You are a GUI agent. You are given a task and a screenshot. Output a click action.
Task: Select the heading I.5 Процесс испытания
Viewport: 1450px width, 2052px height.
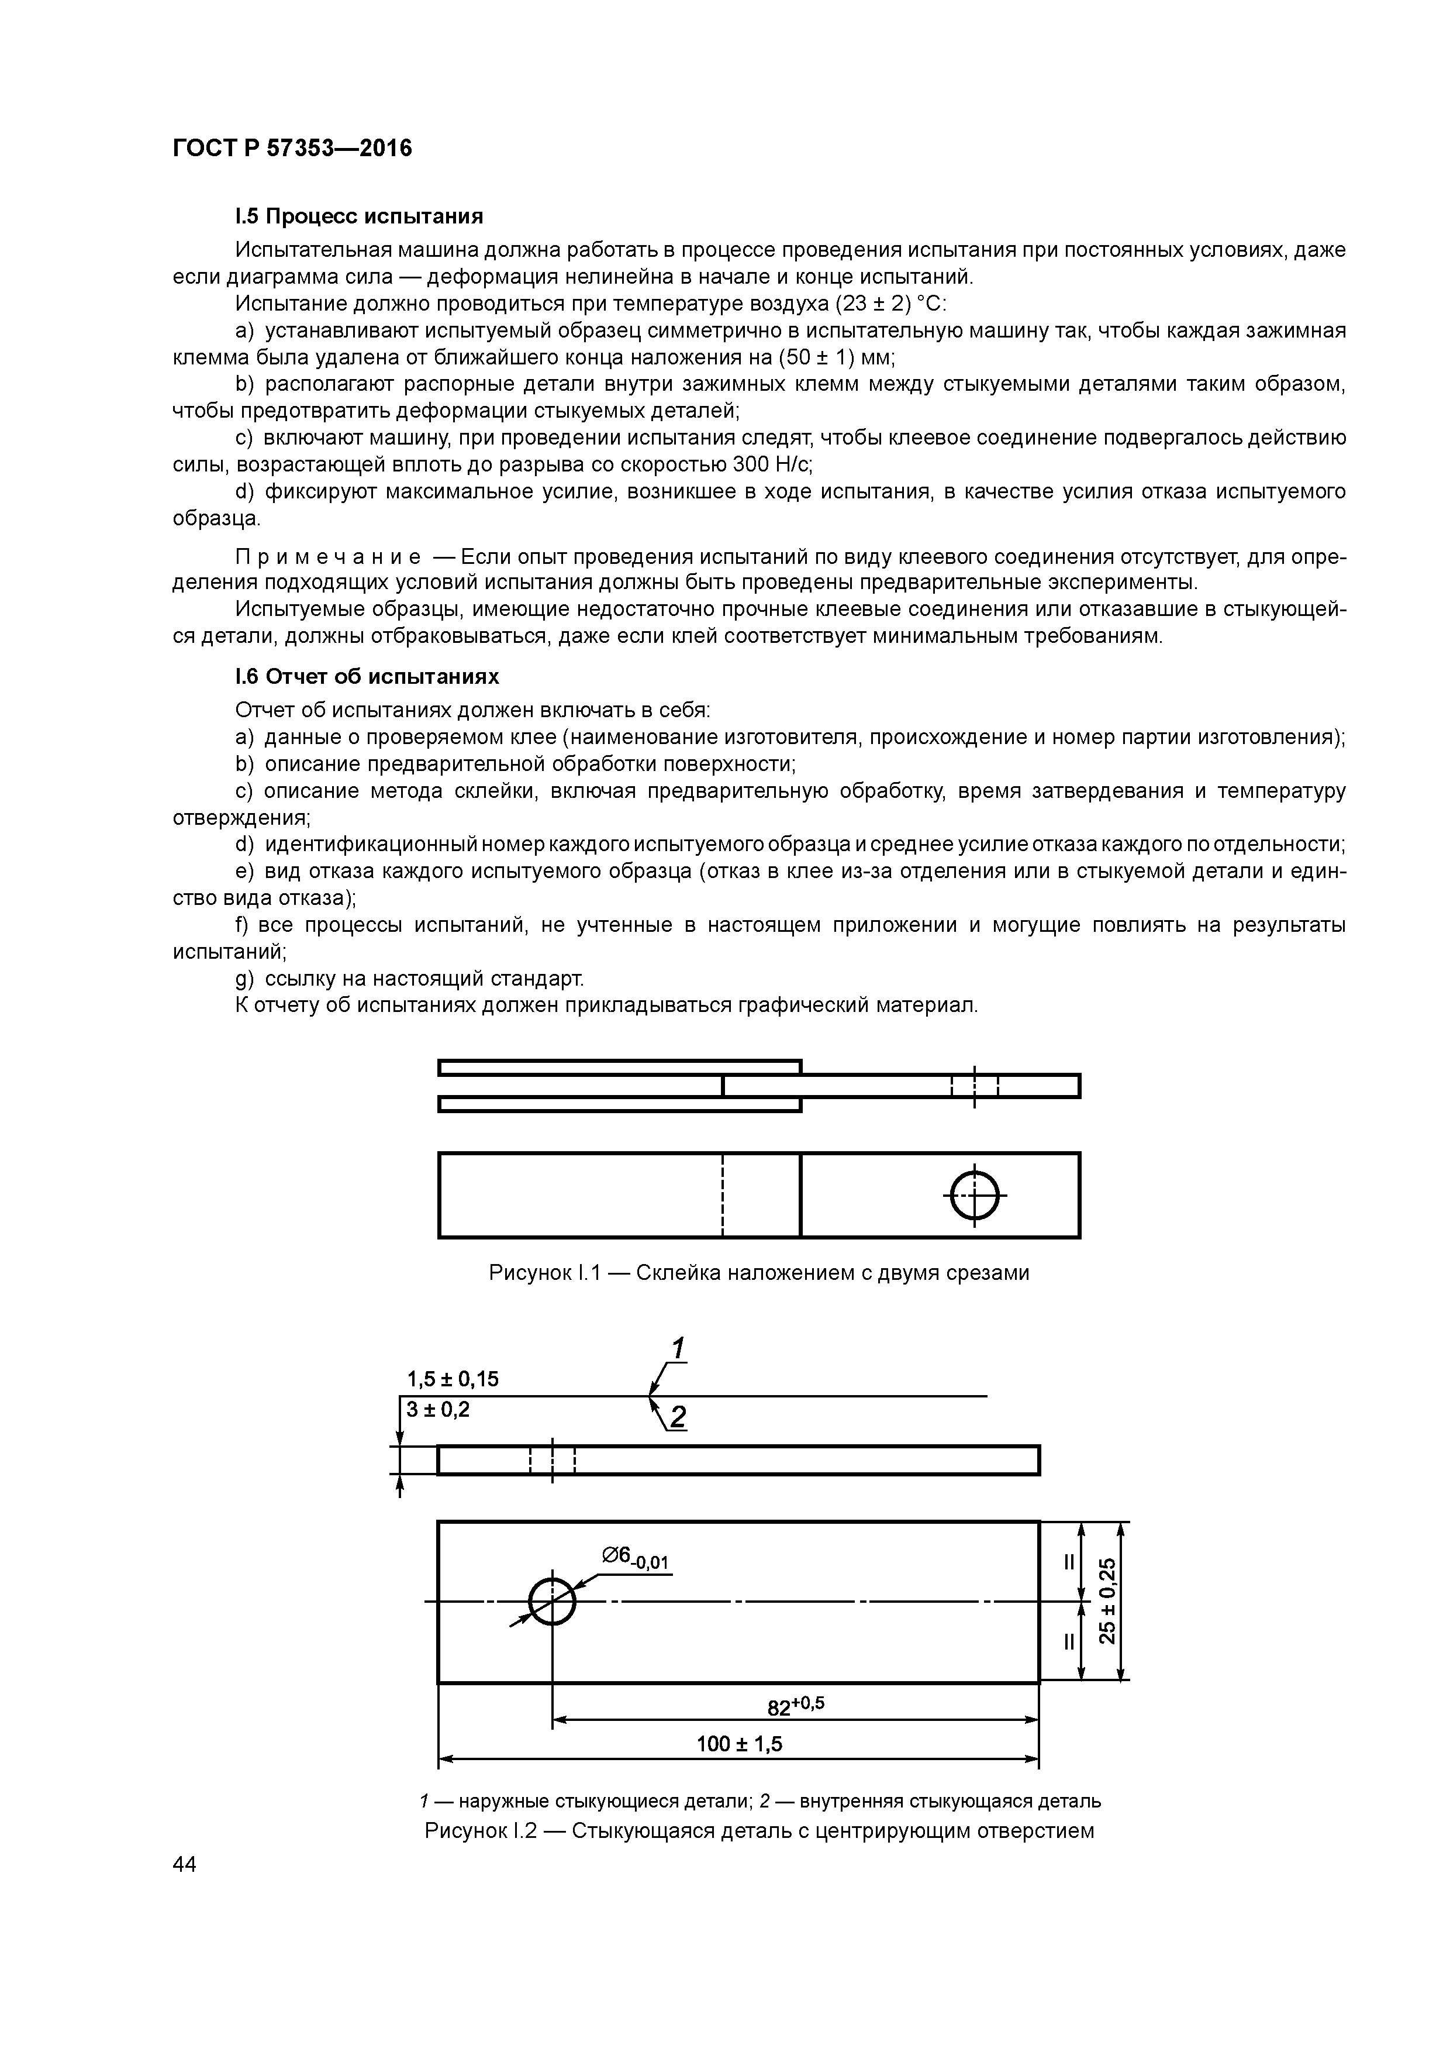(x=358, y=216)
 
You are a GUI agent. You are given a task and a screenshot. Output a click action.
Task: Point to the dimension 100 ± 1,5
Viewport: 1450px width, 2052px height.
(x=739, y=1744)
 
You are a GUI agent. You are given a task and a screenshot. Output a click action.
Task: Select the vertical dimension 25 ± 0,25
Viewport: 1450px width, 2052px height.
(x=1107, y=1600)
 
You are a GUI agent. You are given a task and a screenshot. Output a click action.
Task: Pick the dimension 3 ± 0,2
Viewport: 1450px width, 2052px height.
(x=438, y=1410)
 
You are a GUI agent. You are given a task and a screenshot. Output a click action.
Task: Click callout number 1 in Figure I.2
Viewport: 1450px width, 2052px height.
(x=678, y=1348)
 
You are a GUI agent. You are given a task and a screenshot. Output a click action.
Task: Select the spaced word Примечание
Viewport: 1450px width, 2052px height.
(x=328, y=557)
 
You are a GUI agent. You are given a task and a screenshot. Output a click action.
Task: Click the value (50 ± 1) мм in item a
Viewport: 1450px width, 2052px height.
(x=836, y=357)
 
